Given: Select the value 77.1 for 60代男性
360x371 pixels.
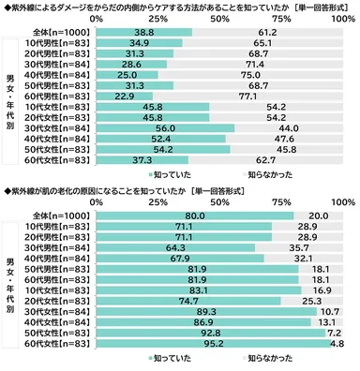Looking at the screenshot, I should point(253,95).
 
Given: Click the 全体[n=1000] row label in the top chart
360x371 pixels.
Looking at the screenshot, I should point(67,31).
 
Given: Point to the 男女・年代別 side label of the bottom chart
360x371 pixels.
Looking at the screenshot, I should point(12,284).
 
